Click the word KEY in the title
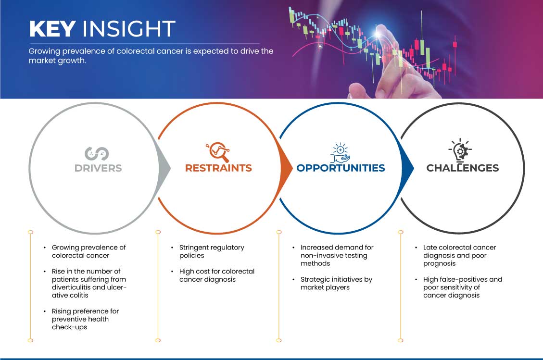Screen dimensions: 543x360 tap(52, 28)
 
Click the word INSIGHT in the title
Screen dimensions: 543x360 tap(129, 28)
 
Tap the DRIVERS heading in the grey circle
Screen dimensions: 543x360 tap(98, 168)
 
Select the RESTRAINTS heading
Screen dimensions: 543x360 tap(218, 168)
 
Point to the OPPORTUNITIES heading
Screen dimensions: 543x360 tap(341, 168)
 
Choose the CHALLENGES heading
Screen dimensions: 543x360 tap(463, 168)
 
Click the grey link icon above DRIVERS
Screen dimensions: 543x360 tap(97, 154)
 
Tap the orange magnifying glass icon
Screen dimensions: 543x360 tap(218, 151)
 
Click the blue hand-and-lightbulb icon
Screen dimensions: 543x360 tap(340, 153)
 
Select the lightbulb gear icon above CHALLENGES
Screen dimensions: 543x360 tap(460, 150)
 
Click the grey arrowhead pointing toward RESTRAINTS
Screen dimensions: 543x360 tap(164, 168)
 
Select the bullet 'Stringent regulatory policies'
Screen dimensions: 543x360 tap(212, 251)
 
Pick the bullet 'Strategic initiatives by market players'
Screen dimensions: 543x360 tap(336, 283)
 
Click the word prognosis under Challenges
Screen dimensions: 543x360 tap(439, 264)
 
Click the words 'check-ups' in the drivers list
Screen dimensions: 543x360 tap(69, 327)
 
